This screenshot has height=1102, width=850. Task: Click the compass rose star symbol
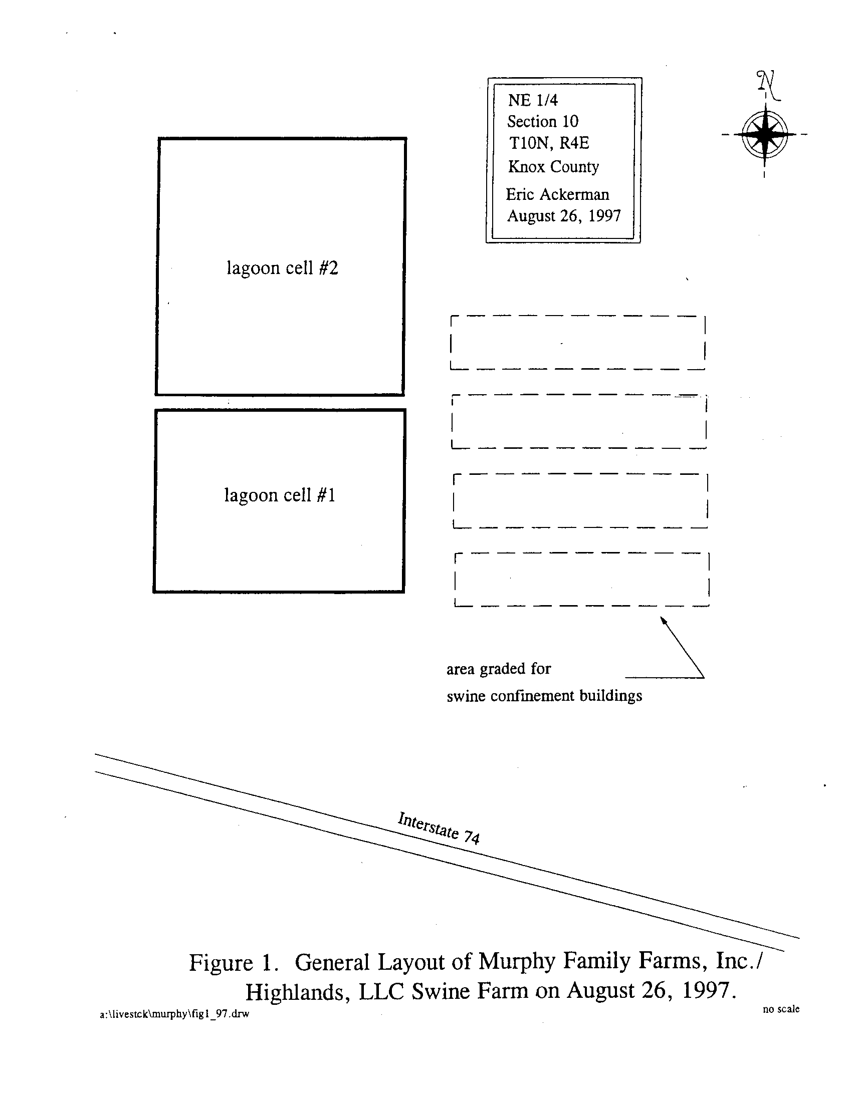click(x=765, y=135)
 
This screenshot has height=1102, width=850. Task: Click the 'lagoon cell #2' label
click(x=282, y=267)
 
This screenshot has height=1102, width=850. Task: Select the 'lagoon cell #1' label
click(x=280, y=495)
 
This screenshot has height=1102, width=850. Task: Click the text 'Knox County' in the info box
click(x=553, y=166)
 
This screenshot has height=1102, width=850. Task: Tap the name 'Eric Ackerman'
click(x=557, y=194)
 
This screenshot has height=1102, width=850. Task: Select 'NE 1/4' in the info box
click(x=533, y=100)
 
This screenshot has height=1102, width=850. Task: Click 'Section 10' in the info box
click(x=543, y=122)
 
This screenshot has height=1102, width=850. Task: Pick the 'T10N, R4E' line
click(x=549, y=143)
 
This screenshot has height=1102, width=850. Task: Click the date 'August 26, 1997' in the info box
click(x=564, y=216)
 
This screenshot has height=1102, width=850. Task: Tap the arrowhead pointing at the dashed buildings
click(x=663, y=620)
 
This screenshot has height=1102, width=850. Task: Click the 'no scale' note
click(x=781, y=1009)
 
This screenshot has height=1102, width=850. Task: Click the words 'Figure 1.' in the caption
click(x=234, y=963)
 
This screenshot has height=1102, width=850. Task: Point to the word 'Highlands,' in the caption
click(x=298, y=992)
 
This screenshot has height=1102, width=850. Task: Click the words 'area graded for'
click(x=498, y=669)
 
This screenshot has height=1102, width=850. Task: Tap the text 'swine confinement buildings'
click(x=544, y=696)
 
